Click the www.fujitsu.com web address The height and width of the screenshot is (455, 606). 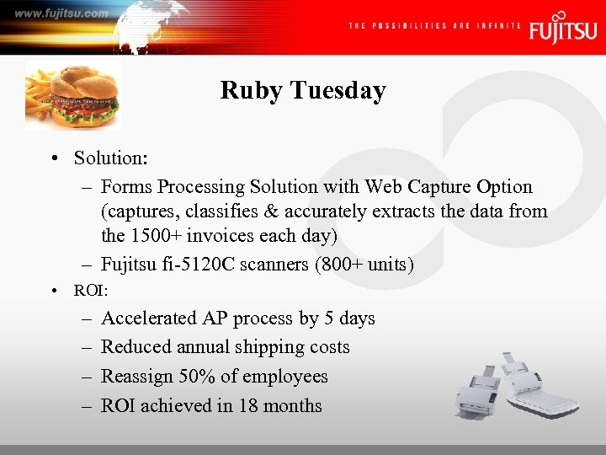tap(61, 13)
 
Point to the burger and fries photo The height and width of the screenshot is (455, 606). tap(73, 94)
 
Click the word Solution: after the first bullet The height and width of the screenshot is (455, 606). tap(109, 158)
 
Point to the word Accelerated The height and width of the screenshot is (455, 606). tap(149, 318)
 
